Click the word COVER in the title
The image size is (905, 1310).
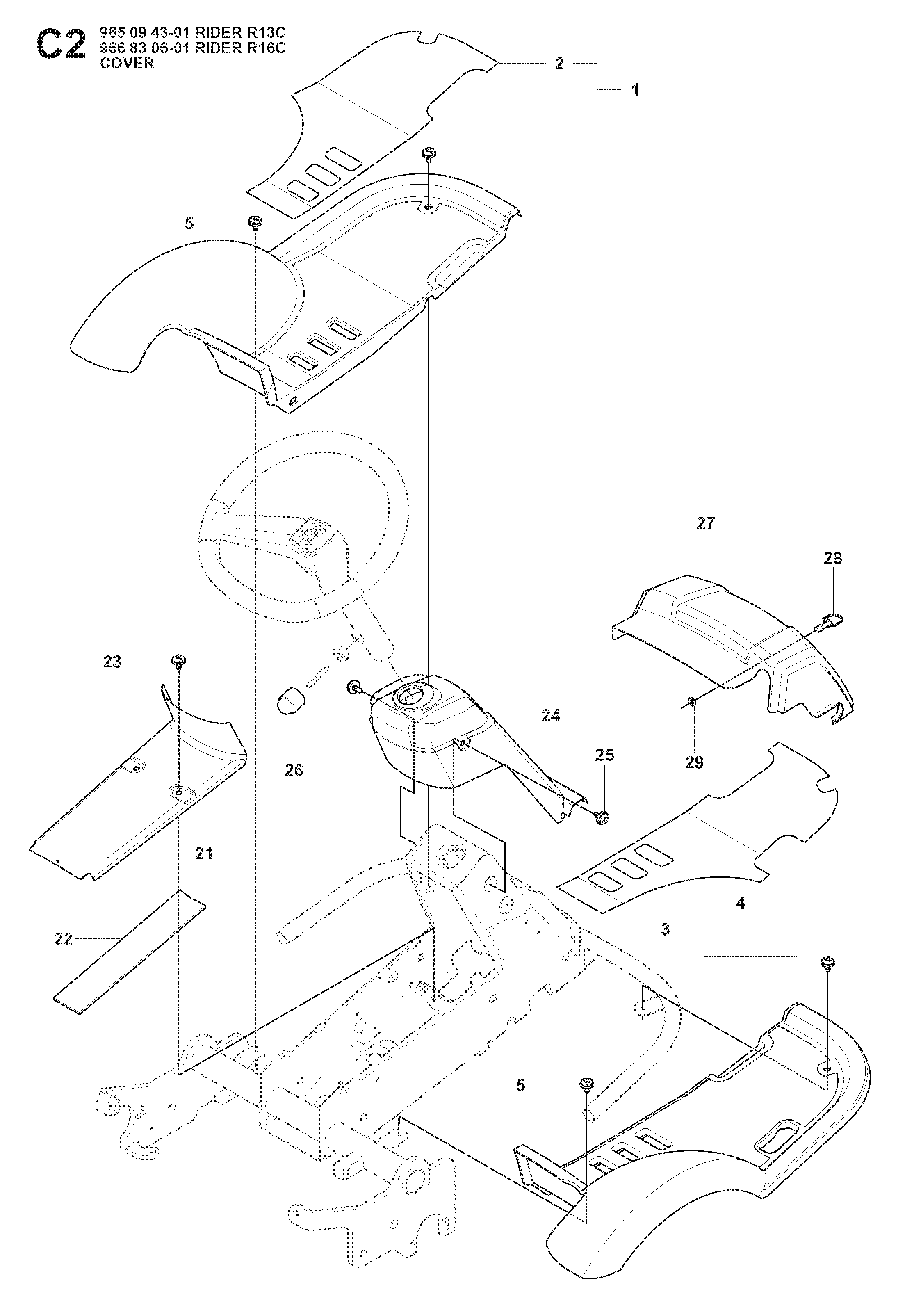[x=127, y=64]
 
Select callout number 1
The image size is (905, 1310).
[x=635, y=89]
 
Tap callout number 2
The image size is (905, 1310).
[x=559, y=64]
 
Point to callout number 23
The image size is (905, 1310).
[x=112, y=662]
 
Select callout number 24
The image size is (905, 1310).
[x=551, y=716]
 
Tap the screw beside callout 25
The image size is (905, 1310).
[x=601, y=817]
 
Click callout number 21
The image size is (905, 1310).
[x=204, y=869]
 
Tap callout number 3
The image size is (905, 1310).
[x=666, y=929]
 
